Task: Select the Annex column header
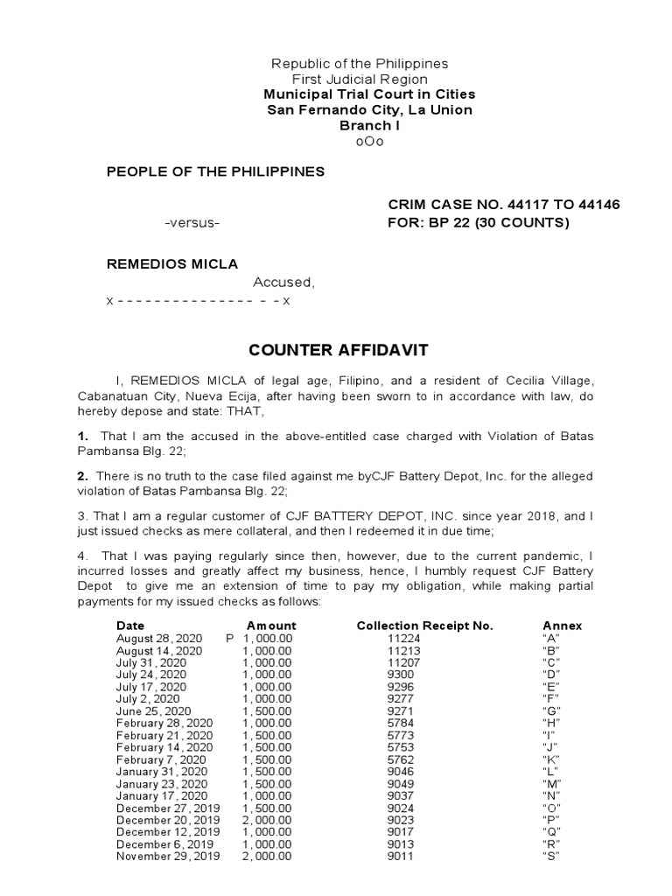coord(562,626)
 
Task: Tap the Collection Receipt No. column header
coord(424,626)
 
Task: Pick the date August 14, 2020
coord(159,651)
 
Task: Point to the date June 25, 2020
coord(154,711)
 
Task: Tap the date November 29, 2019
coord(168,857)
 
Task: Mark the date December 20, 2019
coord(168,820)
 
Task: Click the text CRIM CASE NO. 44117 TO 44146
coord(503,205)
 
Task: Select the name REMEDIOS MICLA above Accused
coord(171,264)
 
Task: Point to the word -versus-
coord(192,223)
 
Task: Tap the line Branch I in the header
coord(369,126)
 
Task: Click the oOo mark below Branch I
coord(369,142)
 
